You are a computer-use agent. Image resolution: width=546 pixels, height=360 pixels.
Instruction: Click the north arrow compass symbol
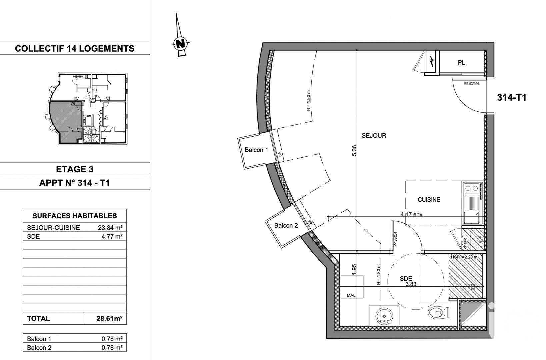[x=180, y=43]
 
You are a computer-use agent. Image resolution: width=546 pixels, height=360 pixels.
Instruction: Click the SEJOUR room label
[x=374, y=136]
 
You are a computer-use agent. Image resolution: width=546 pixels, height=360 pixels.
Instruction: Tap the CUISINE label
[x=429, y=200]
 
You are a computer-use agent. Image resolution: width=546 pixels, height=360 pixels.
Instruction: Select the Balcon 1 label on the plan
[x=256, y=150]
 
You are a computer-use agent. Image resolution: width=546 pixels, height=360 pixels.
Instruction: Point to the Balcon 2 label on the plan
[x=286, y=226]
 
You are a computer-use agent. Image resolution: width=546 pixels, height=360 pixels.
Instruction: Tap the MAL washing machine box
[x=351, y=295]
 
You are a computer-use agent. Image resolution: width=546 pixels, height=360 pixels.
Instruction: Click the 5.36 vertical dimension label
[x=354, y=151]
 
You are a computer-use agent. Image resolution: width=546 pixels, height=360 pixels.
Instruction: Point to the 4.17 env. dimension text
[x=412, y=214]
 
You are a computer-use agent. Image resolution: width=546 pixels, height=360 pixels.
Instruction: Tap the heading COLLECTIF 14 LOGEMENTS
[x=75, y=49]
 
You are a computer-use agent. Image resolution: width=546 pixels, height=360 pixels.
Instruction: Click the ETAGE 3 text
[x=75, y=169]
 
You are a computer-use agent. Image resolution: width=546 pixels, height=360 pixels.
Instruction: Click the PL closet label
[x=461, y=63]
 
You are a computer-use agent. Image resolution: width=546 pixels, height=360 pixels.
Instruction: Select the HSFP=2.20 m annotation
[x=464, y=257]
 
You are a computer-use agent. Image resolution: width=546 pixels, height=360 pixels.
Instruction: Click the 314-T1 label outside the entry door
[x=511, y=98]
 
